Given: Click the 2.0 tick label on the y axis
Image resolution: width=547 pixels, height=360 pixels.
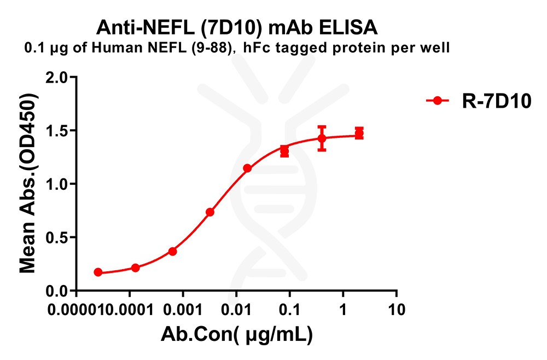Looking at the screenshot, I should [x=57, y=78].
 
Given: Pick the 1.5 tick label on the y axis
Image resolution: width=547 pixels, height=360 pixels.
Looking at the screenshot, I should [x=57, y=131].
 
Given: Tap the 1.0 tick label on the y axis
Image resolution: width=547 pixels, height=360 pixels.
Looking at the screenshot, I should [x=57, y=184].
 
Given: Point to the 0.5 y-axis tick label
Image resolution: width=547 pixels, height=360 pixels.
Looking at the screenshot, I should [x=57, y=238].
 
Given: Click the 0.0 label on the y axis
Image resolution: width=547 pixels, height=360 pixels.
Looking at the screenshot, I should [x=57, y=291].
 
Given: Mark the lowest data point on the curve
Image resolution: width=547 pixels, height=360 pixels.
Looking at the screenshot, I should [x=98, y=272].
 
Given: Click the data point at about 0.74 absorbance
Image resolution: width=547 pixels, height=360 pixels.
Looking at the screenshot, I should [x=210, y=212].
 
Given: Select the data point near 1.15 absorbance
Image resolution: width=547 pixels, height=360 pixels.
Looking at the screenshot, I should [x=247, y=168].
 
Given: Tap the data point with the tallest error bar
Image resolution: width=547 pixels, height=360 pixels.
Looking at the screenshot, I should [x=322, y=138].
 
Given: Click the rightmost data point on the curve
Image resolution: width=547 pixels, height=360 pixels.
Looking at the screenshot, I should [x=359, y=133].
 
